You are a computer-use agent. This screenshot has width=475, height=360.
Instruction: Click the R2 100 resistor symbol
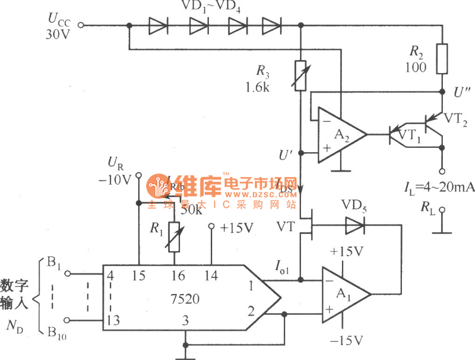click(441, 59)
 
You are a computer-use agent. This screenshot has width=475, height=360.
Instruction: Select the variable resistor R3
click(301, 75)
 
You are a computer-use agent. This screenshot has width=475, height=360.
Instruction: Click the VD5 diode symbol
click(354, 225)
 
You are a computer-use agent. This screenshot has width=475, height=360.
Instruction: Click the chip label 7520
click(184, 301)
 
